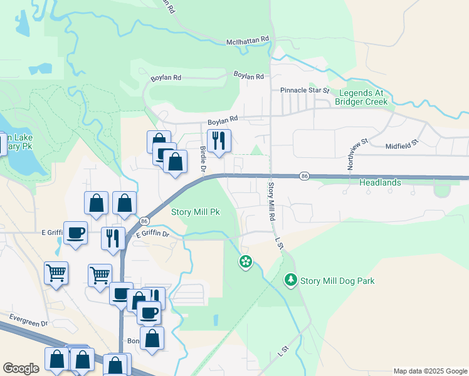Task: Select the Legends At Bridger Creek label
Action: point(361,97)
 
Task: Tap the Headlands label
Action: point(380,182)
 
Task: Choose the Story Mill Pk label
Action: point(196,212)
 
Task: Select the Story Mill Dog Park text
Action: point(337,281)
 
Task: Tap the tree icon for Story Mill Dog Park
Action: point(290,280)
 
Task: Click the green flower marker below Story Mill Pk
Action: point(245,261)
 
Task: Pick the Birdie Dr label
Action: point(203,159)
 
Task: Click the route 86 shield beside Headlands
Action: point(303,176)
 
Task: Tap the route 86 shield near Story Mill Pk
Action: point(144,221)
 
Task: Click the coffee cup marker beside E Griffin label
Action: point(76,232)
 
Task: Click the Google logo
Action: point(21,368)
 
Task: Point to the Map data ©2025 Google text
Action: point(429,371)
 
